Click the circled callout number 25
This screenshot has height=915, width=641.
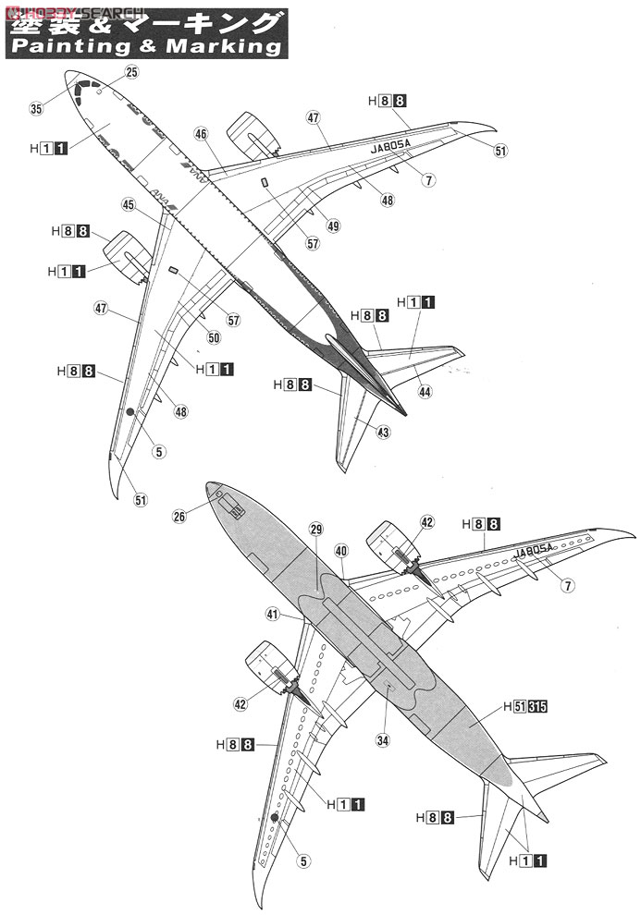tap(130, 71)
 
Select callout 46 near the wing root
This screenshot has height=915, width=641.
tap(201, 134)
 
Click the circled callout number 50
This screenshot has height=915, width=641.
tap(214, 338)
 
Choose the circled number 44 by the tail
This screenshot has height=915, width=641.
tap(424, 391)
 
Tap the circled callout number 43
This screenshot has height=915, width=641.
tap(383, 432)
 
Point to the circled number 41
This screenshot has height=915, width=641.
tap(271, 614)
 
